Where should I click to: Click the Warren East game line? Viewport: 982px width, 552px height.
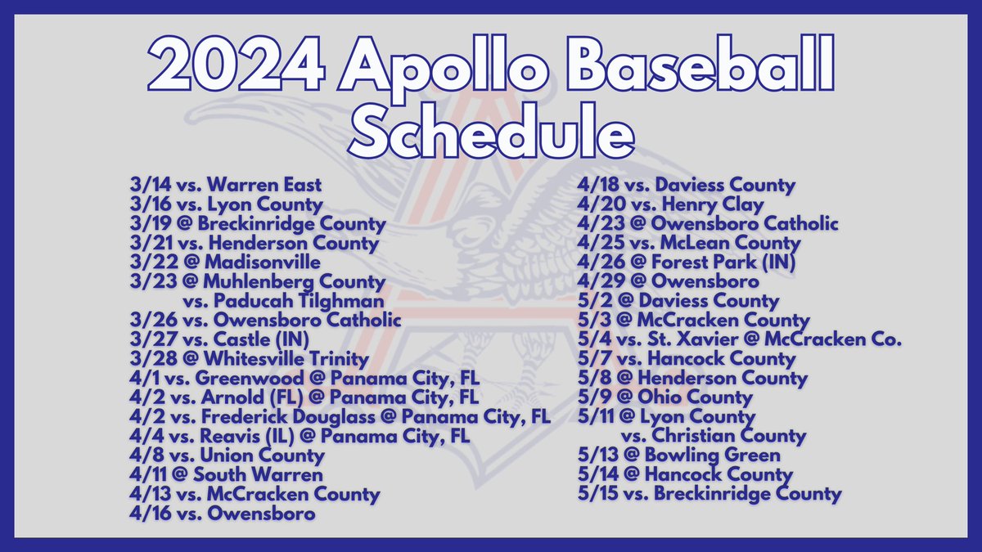coord(225,186)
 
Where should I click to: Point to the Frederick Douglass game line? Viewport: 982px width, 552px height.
coord(340,417)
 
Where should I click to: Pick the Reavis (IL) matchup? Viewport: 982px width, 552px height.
coord(300,436)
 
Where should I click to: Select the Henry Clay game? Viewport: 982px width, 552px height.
coord(670,204)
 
